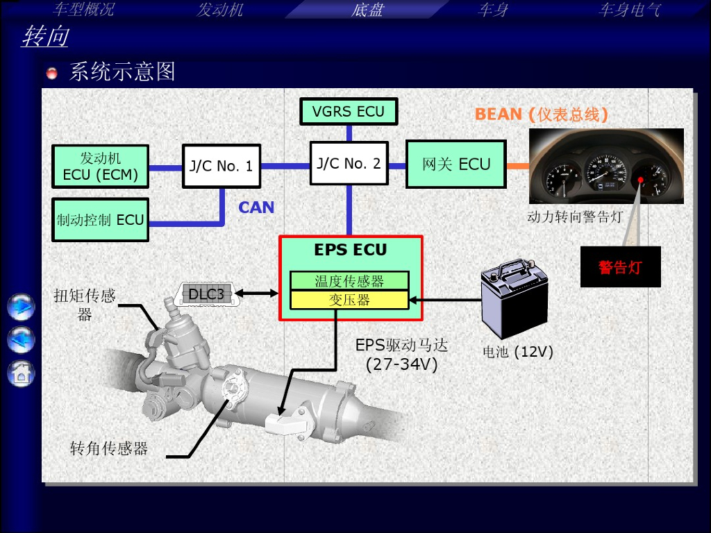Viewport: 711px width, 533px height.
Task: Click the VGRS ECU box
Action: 349,112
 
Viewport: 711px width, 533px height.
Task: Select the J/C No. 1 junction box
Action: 221,166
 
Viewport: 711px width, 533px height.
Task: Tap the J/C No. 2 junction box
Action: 349,163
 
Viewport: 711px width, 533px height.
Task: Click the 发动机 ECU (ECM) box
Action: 100,167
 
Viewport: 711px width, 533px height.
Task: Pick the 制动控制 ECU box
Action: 100,220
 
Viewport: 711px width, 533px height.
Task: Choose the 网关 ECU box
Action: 456,164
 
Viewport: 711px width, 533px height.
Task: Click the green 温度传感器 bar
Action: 349,280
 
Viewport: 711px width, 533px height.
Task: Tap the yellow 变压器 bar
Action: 349,300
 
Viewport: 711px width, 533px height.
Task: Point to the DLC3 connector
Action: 206,294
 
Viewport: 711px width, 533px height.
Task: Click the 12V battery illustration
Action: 515,298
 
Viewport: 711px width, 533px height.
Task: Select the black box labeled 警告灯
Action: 620,267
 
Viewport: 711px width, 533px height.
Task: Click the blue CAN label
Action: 256,208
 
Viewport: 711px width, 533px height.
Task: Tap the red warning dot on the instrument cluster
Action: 640,180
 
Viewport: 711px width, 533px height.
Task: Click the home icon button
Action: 21,374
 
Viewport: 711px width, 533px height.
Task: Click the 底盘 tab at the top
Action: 367,10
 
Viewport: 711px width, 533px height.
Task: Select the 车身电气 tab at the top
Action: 629,10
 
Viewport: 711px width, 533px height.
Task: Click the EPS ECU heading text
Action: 351,250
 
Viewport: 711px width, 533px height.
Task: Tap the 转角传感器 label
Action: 109,448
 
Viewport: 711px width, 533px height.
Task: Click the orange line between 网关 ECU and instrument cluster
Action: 518,166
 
